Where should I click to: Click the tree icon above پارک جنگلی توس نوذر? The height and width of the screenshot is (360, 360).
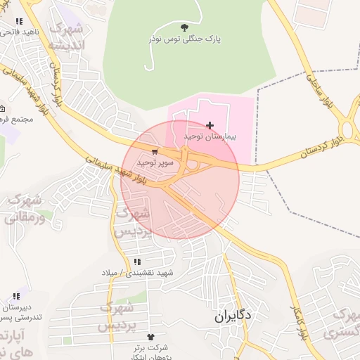point(185,27)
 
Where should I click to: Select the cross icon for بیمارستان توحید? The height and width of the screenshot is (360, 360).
point(210,124)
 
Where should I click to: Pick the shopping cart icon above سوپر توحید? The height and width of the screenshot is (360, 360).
point(154,150)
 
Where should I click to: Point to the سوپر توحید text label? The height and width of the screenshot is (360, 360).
point(155,162)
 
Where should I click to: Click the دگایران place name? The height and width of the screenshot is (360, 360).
point(233,316)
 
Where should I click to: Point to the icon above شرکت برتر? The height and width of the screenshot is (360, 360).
point(150,337)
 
